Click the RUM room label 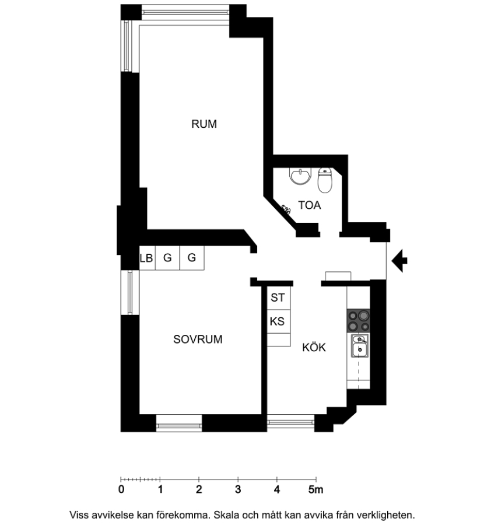[x=204, y=124]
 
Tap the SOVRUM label [x=198, y=339]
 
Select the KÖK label [x=314, y=347]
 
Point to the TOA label [x=309, y=205]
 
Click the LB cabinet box [x=147, y=258]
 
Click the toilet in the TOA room [x=325, y=180]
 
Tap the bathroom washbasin [x=300, y=176]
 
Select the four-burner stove [x=359, y=321]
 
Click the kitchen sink [x=359, y=345]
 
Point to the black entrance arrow [x=399, y=261]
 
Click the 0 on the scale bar [x=121, y=489]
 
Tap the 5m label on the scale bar [x=315, y=489]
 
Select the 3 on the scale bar [x=238, y=489]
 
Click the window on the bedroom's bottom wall [x=179, y=423]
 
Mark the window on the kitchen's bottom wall [x=290, y=423]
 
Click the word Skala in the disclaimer [x=227, y=515]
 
